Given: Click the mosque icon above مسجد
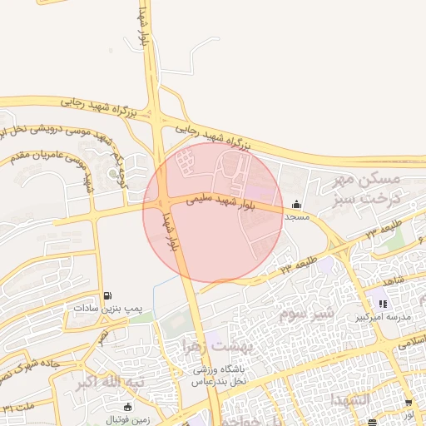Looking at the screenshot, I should [297, 204].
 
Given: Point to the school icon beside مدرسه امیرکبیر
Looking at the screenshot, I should [383, 304].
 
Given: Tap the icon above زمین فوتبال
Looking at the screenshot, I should [127, 407].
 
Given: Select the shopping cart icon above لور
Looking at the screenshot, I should [409, 403].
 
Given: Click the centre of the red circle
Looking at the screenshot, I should [213, 213].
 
